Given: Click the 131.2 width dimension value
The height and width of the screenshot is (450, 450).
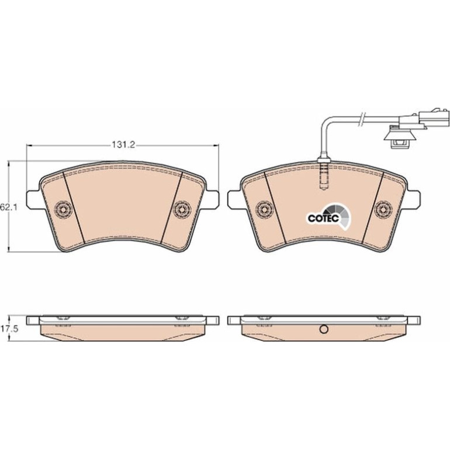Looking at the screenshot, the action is tap(123, 145).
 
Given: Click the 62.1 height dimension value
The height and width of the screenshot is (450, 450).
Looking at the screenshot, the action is tap(9, 207).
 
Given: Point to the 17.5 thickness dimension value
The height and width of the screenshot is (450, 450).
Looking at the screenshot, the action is tap(9, 328).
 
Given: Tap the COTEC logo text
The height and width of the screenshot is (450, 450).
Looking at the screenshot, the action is tap(323, 218).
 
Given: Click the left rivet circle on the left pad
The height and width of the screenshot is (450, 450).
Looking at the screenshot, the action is tap(63, 209).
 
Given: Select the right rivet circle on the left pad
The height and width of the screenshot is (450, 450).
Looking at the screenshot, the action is tap(182, 209).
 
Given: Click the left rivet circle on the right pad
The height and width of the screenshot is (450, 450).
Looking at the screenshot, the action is tap(264, 209).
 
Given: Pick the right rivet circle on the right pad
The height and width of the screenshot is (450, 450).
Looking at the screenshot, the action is tap(383, 209).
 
